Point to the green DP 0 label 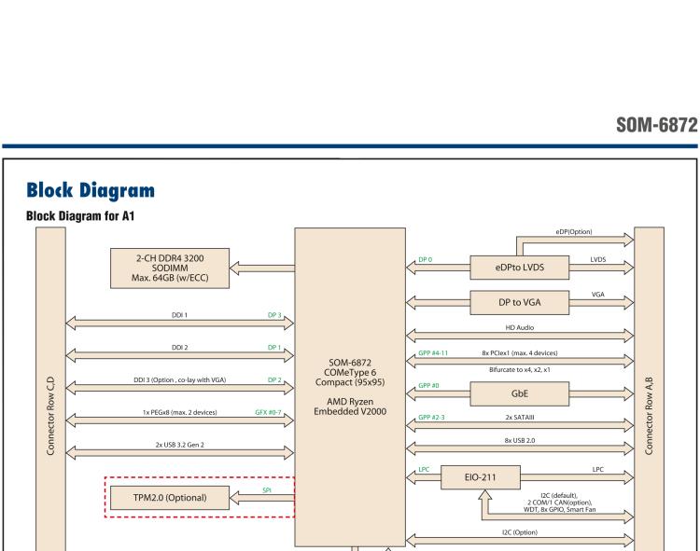(x=425, y=261)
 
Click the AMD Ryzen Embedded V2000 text (x=351, y=406)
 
